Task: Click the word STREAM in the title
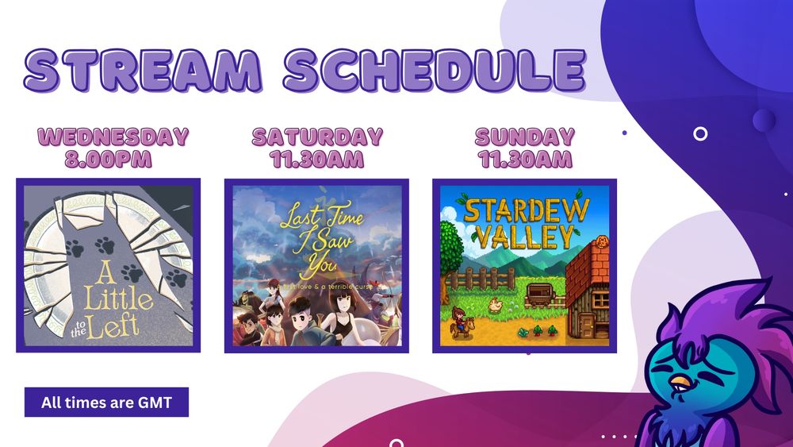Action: click(x=143, y=70)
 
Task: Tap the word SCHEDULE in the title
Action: click(x=435, y=70)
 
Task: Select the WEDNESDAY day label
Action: click(x=113, y=137)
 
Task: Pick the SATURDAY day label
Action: click(x=317, y=137)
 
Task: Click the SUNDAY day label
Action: click(x=525, y=137)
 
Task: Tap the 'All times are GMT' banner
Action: click(x=106, y=402)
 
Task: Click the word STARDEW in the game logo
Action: click(x=526, y=210)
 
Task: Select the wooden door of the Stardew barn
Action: click(x=587, y=326)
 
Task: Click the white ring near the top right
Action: click(x=700, y=133)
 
